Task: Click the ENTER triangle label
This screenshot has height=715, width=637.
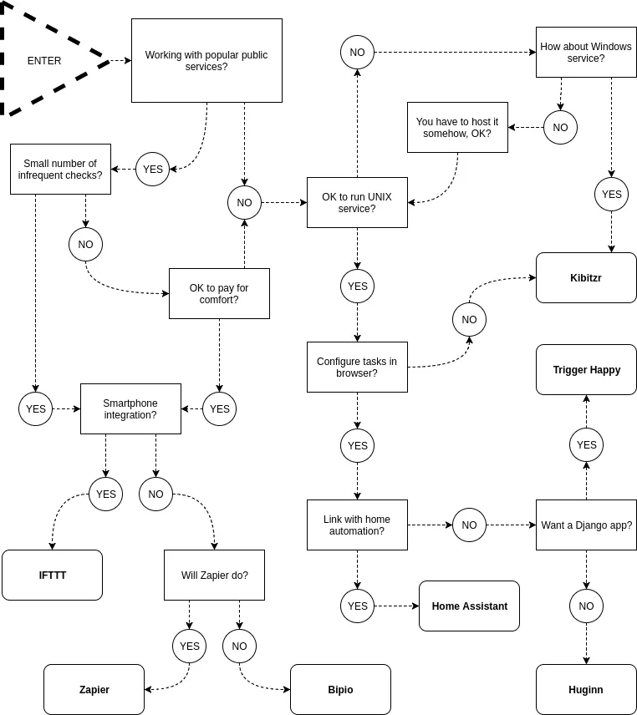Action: click(x=44, y=61)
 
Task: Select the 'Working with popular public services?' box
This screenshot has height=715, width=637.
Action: click(x=206, y=61)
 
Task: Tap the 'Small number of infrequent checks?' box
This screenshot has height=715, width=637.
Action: click(x=60, y=170)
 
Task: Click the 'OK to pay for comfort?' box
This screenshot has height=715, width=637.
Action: click(x=219, y=294)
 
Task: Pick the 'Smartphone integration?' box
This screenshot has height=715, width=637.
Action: click(x=130, y=409)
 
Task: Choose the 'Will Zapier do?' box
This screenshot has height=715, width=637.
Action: click(x=214, y=575)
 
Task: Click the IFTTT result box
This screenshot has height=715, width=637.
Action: click(x=52, y=575)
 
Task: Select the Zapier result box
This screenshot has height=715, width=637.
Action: click(x=94, y=689)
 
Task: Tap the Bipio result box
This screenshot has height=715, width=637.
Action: click(x=340, y=689)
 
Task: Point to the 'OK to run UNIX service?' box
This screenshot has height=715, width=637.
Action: click(x=357, y=202)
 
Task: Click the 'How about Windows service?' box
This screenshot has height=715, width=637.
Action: click(x=586, y=53)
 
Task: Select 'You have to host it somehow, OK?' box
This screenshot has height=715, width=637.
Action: click(x=457, y=127)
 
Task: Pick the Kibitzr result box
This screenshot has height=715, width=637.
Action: click(x=586, y=277)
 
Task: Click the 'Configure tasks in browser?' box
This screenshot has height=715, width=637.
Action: click(x=357, y=367)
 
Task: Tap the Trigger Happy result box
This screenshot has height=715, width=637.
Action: click(x=586, y=370)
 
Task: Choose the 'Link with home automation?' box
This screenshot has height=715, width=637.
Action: click(x=357, y=525)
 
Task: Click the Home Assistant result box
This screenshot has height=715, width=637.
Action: click(x=469, y=606)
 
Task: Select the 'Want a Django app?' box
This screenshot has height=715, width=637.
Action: click(x=586, y=525)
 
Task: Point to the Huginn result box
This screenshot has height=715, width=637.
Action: click(x=586, y=689)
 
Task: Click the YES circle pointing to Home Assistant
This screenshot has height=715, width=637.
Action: click(x=357, y=606)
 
